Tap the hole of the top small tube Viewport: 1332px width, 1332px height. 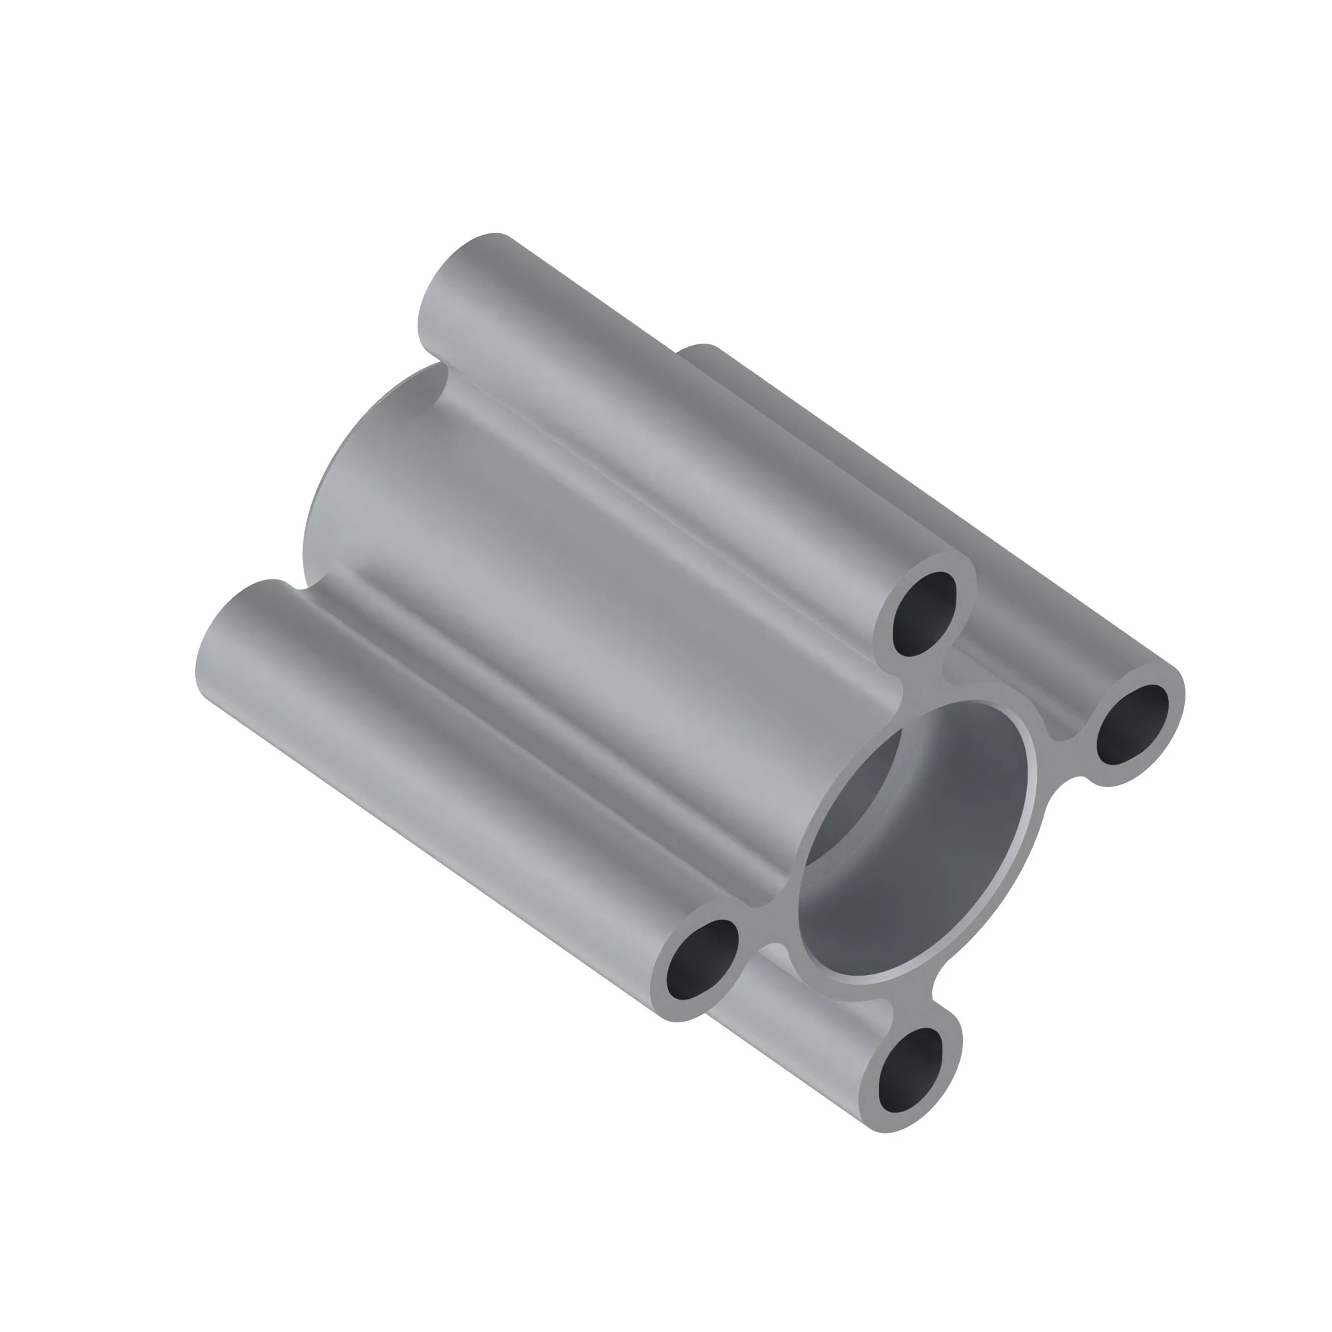coord(924,613)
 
